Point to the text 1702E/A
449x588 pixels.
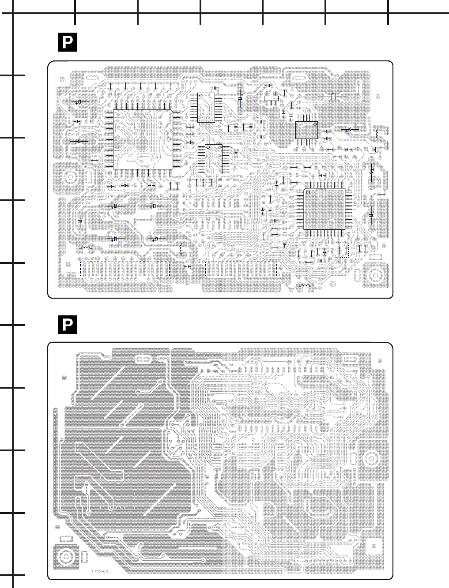coord(100,572)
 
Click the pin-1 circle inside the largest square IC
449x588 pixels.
coord(168,139)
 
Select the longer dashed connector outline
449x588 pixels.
coord(125,269)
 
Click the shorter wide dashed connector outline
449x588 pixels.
coord(241,269)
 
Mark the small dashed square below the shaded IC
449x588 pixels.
coord(342,249)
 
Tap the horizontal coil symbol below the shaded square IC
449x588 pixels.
coord(305,286)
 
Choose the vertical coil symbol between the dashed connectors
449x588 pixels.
coord(181,249)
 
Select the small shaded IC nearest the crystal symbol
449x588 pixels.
coord(306,129)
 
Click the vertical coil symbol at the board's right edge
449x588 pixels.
coord(377,132)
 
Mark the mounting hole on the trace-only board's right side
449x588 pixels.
coord(370,458)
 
